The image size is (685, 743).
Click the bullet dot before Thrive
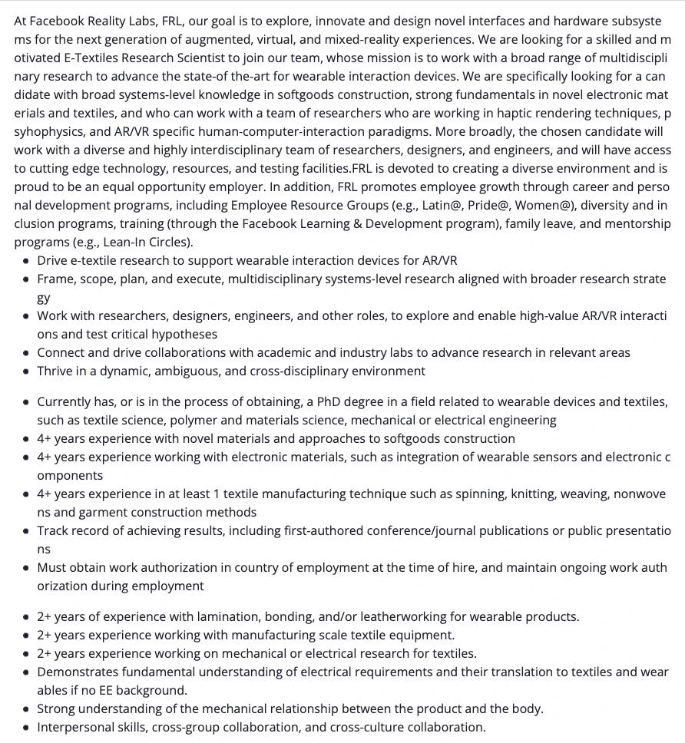coord(27,371)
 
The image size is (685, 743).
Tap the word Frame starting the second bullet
coord(56,279)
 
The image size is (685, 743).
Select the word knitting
coord(501,494)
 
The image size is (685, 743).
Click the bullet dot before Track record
coord(27,531)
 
